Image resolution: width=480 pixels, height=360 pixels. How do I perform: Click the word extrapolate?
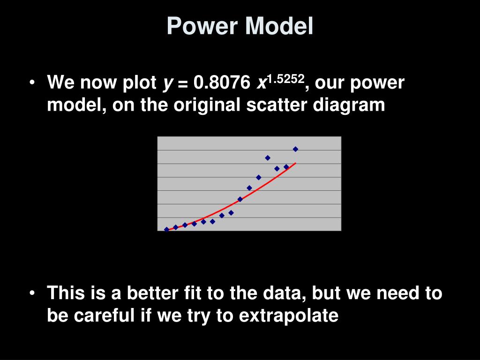288,316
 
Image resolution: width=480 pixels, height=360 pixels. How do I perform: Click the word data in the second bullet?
278,294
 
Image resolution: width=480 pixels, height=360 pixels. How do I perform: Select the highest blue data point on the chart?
295,149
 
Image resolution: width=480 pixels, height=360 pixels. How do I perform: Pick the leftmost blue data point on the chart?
166,229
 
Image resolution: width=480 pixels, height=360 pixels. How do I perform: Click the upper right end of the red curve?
295,163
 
